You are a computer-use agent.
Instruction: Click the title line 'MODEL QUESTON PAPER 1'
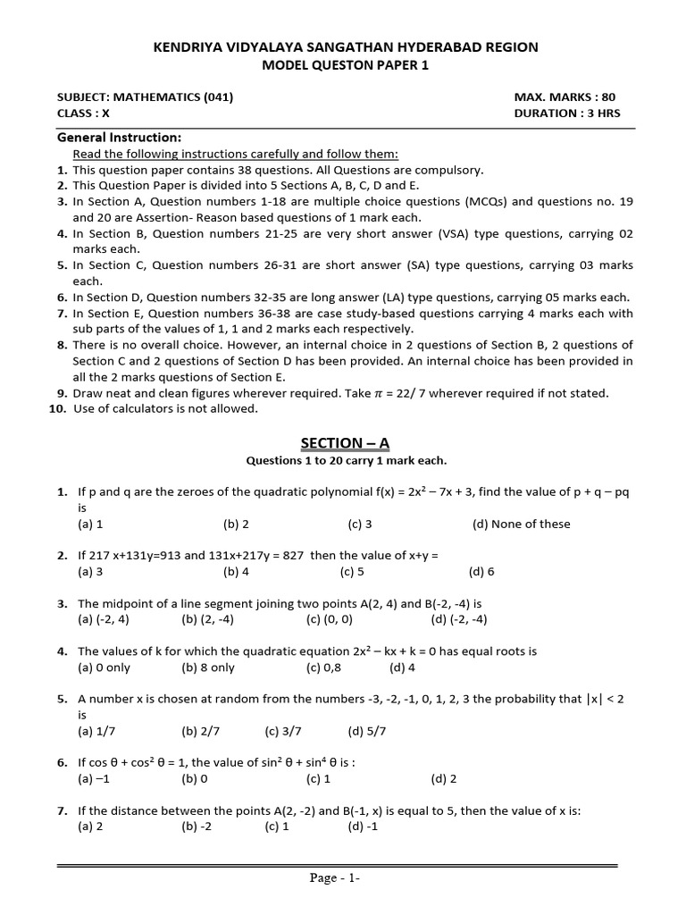coord(344,65)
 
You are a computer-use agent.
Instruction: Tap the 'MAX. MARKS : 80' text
coord(565,97)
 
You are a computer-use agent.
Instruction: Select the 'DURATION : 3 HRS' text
coord(566,113)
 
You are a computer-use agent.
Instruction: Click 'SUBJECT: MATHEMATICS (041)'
coord(146,97)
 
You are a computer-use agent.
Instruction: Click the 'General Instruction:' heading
coord(119,138)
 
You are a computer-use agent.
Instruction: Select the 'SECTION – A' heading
coord(345,444)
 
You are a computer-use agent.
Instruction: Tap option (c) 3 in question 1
coord(360,525)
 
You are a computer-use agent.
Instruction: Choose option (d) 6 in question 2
coord(481,572)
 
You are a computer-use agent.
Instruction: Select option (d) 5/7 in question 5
coord(367,731)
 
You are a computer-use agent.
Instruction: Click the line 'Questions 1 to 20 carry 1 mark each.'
coord(345,461)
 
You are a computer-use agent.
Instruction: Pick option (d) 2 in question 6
coord(444,779)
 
